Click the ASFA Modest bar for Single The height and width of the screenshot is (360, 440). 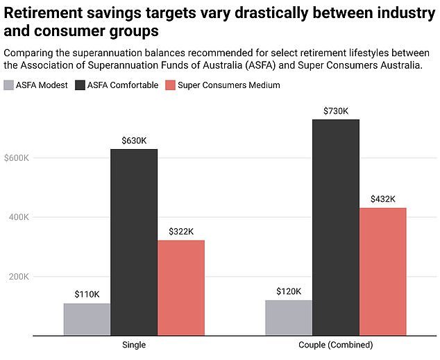[x=87, y=319]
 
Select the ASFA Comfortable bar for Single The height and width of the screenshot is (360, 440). [x=134, y=242]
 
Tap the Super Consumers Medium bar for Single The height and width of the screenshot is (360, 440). [x=181, y=288]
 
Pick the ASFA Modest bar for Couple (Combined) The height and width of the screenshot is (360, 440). [x=289, y=318]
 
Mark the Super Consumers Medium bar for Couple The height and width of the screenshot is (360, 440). [x=383, y=272]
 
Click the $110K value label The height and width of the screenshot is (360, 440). [x=87, y=294]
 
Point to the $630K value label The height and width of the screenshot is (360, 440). [x=134, y=140]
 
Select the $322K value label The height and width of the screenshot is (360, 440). [x=181, y=231]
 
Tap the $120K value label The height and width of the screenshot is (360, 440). [x=289, y=291]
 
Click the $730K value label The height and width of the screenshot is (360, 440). [x=336, y=110]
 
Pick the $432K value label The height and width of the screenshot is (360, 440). [x=383, y=199]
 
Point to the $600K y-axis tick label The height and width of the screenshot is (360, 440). [x=17, y=158]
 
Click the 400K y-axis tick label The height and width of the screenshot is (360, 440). [x=18, y=217]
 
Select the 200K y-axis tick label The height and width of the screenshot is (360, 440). [x=18, y=277]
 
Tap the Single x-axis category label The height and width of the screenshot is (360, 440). [x=134, y=345]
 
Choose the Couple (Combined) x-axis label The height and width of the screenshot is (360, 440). [x=336, y=345]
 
